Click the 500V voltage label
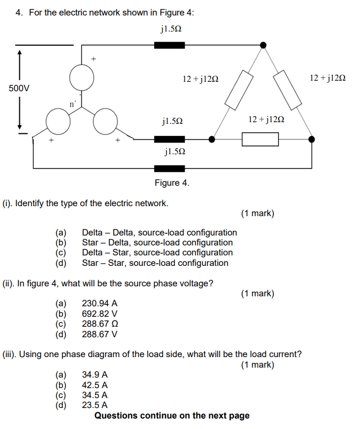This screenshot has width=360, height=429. coord(19,88)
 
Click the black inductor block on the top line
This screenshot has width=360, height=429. coord(169,45)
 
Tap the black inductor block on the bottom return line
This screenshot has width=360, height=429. coord(169,168)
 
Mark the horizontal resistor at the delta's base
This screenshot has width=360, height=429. coord(260,139)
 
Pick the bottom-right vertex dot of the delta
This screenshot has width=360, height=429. coord(311,139)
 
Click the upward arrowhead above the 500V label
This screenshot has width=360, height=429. coord(20,54)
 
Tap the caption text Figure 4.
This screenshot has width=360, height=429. coord(171,183)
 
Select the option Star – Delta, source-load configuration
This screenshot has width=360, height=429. coord(157,243)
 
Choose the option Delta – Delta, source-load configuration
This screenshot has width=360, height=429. coord(159,233)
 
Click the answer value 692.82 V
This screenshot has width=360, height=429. coord(100,314)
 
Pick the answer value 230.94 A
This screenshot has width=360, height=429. coord(100,304)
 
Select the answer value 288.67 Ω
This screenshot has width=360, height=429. coord(100,324)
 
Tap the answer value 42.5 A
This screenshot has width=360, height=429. coord(95,385)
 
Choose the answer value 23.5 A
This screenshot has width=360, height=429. coord(95,405)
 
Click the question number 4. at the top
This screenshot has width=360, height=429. coord(19,12)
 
